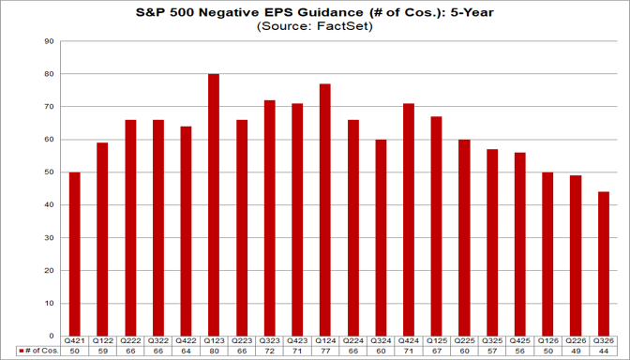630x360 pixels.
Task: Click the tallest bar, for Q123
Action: (x=214, y=205)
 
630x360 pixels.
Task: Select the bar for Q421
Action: (x=75, y=254)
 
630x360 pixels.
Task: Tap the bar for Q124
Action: (x=325, y=210)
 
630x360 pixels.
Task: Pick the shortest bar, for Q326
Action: (x=604, y=264)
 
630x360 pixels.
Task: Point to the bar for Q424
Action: (x=409, y=219)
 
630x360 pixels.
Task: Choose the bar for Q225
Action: (x=464, y=238)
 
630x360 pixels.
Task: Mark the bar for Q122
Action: (x=102, y=239)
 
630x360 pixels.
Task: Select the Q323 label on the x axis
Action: (x=270, y=340)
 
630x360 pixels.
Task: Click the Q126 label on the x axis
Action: (x=548, y=340)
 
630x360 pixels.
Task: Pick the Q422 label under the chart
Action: (x=186, y=340)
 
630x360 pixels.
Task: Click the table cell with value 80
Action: (x=214, y=351)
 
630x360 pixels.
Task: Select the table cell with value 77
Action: (x=325, y=351)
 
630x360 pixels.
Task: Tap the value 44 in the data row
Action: (x=604, y=351)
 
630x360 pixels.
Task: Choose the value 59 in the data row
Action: (x=102, y=351)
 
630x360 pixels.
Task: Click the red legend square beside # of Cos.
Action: (x=22, y=351)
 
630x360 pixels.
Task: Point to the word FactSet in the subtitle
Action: (x=348, y=26)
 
